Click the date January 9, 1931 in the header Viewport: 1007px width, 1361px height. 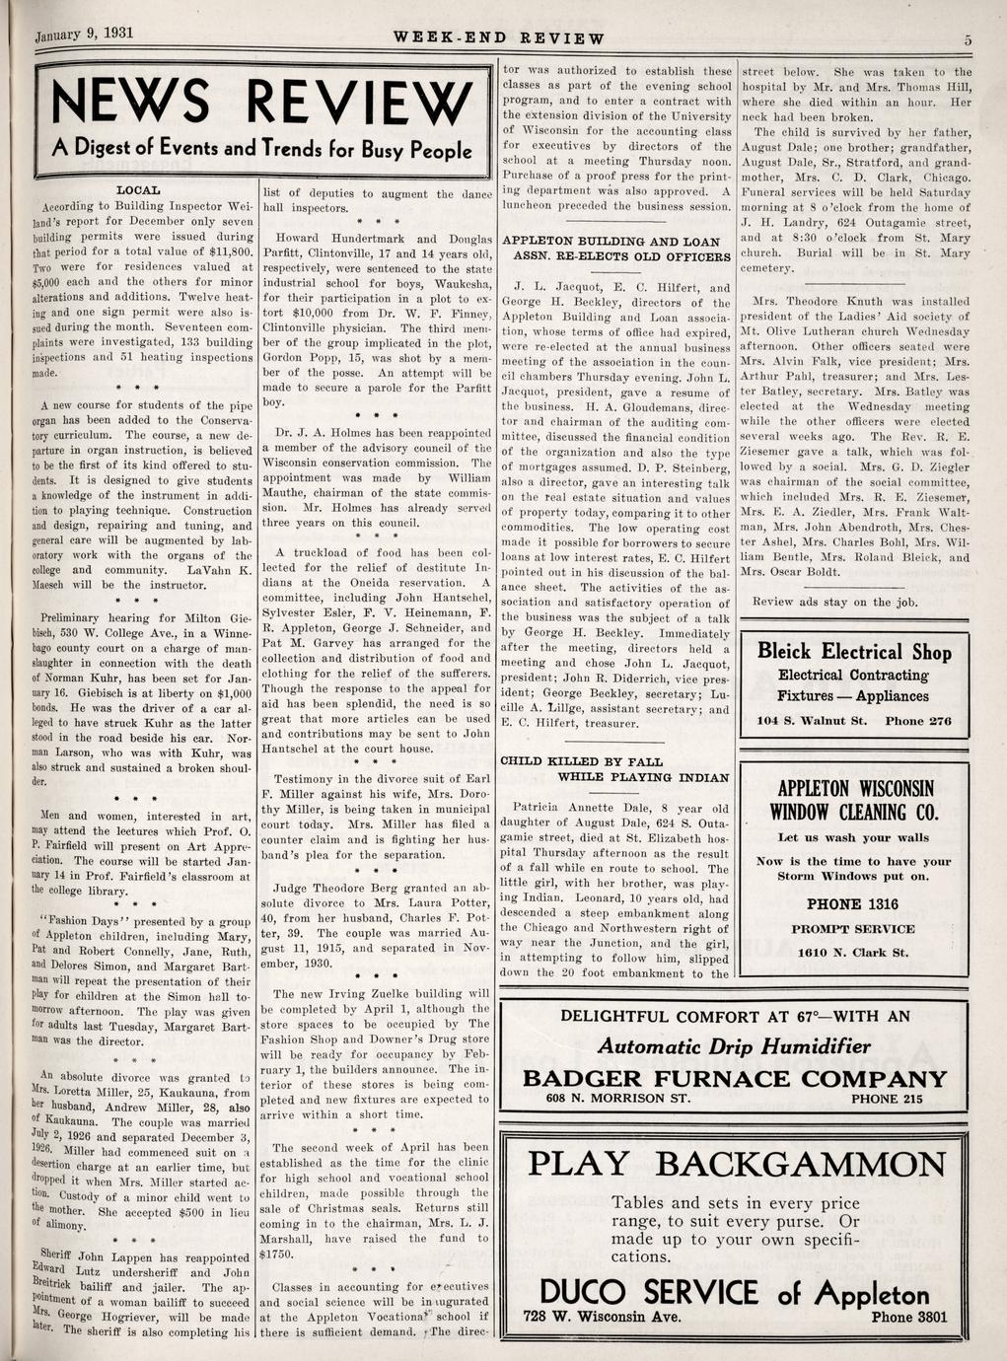pos(84,33)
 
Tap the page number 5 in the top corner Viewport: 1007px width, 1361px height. pos(969,39)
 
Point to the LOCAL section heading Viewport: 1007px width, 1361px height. pos(138,188)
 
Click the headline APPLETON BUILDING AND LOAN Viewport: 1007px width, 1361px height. pos(611,241)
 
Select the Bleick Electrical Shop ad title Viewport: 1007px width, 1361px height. pos(854,652)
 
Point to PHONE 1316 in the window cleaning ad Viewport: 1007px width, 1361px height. pos(852,903)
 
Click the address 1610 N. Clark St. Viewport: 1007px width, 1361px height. pos(852,953)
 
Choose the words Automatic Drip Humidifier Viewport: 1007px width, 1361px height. pos(734,1046)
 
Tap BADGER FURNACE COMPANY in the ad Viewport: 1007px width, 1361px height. pos(734,1078)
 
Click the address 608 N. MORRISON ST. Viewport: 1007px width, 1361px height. pos(618,1099)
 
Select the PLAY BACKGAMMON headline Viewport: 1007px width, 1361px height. pos(736,1164)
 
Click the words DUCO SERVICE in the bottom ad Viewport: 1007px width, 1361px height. pos(648,1293)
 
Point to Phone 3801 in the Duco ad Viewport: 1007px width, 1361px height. pos(908,1317)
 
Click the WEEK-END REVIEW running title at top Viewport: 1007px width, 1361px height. pos(498,39)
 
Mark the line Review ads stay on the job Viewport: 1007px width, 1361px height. pos(834,602)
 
